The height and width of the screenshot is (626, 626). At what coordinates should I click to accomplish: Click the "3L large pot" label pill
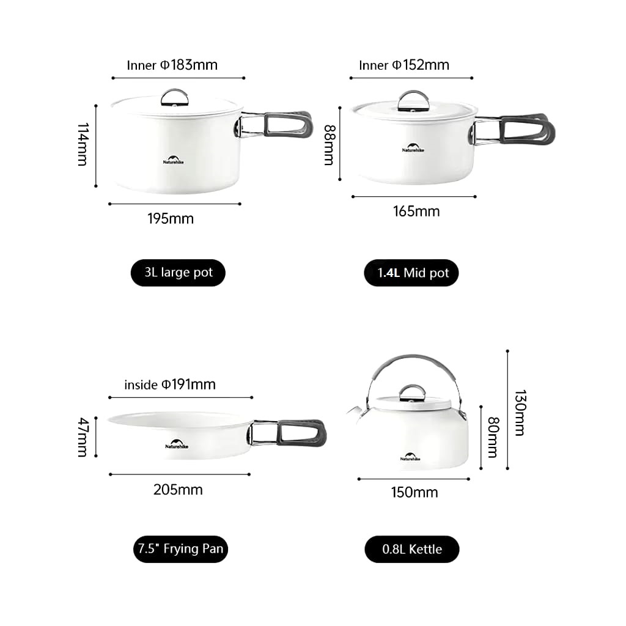pos(178,273)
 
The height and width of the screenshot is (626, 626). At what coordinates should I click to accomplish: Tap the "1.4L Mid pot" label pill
pos(411,273)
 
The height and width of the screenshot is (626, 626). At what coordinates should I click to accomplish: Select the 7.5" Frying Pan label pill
pos(180,549)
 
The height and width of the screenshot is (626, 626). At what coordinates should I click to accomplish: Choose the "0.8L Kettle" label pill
pos(411,550)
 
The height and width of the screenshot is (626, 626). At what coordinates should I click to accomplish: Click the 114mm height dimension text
pos(83,144)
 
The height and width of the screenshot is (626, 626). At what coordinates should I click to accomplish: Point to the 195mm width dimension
pos(171,219)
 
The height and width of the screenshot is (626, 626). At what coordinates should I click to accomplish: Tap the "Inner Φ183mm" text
pos(172,65)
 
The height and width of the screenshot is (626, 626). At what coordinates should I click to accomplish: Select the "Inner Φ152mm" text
pos(404,65)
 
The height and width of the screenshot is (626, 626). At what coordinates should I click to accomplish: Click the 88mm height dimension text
pos(330,145)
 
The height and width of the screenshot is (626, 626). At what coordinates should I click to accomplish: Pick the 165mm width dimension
pos(416,212)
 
